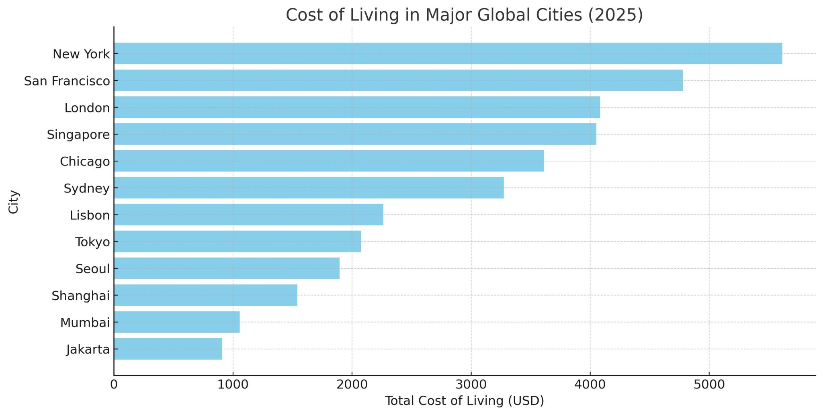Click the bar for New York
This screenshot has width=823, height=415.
(448, 53)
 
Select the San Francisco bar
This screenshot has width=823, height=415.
(398, 80)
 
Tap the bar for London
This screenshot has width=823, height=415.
(356, 107)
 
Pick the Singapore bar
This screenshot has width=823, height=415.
(355, 134)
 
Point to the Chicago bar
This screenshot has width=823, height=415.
(329, 161)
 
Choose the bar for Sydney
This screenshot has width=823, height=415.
(309, 188)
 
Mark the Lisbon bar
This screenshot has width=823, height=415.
(248, 215)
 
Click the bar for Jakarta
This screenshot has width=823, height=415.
(168, 349)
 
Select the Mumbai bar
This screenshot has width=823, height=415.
(176, 322)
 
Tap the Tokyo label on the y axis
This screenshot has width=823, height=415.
(92, 242)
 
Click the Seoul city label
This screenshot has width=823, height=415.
(92, 269)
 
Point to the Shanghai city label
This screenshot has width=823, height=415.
(81, 296)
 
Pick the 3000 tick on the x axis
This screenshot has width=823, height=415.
(471, 385)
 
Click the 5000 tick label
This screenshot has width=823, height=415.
(709, 385)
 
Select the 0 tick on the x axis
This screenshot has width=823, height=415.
(114, 385)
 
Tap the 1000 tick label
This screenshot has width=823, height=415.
(233, 385)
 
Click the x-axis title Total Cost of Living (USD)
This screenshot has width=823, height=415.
(464, 401)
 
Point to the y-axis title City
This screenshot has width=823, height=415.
(14, 202)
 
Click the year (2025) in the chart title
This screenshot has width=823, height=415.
(615, 15)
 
